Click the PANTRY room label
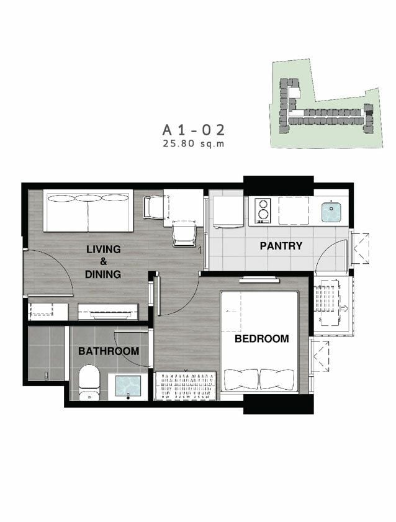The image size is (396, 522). [281, 246]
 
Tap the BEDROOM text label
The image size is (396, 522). [261, 338]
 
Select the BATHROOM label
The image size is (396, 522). [109, 351]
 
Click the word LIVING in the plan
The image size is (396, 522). [104, 249]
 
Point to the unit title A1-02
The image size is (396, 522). [193, 130]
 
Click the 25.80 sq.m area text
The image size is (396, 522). [194, 144]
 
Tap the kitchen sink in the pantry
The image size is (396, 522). [331, 212]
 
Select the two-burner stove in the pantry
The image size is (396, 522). [263, 211]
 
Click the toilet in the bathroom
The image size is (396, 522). [89, 382]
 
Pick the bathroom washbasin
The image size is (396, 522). [128, 387]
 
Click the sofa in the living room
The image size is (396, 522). [88, 210]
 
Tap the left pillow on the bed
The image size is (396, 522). [241, 379]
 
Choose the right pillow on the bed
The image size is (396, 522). [277, 379]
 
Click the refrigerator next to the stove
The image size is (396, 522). [228, 212]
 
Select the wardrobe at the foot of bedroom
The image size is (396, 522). [186, 386]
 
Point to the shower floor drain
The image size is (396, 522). [47, 375]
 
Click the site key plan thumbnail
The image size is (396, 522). [326, 104]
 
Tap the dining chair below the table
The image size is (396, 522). [184, 235]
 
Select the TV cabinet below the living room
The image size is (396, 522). [108, 312]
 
